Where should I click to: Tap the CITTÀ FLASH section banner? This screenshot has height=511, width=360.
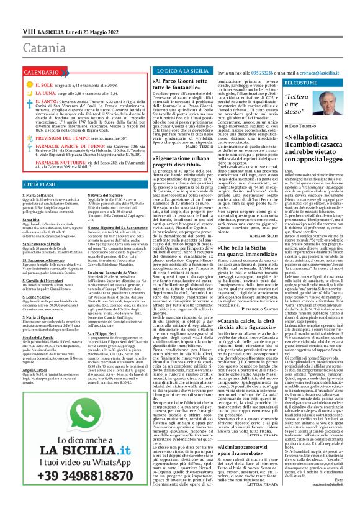pyautogui.click(x=42, y=184)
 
